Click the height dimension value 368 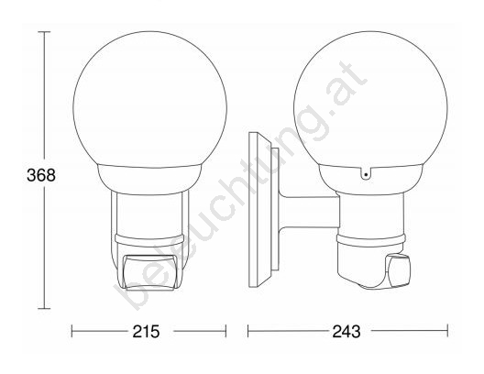point(41,175)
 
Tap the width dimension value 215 point(147,332)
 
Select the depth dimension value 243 point(346,332)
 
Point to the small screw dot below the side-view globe point(366,175)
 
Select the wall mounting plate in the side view point(260,210)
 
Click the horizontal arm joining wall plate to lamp point(309,212)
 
